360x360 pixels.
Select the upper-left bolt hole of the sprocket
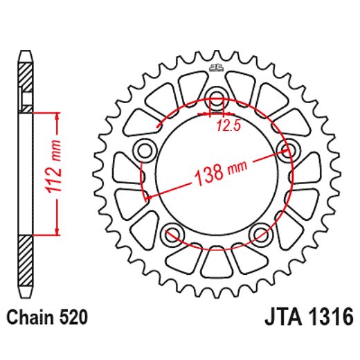tap(146, 147)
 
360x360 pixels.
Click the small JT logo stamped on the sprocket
tap(215, 68)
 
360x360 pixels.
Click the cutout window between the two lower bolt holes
tap(216, 262)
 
